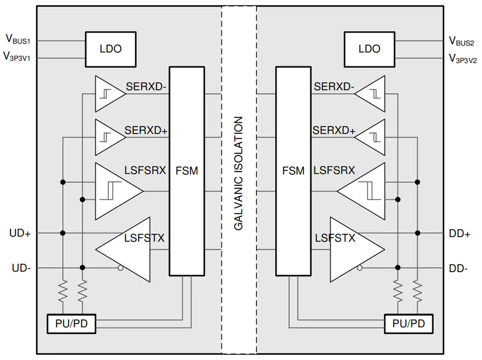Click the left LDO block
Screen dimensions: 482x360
pos(111,49)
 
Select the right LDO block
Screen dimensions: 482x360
pos(369,49)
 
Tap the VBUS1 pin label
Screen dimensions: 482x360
pos(18,39)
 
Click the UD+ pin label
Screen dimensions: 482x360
pos(20,233)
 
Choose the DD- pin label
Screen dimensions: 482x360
pos(458,268)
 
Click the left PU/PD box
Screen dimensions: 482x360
pos(71,324)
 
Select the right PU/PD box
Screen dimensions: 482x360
pos(409,324)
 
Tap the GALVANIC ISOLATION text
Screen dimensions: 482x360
pos(238,173)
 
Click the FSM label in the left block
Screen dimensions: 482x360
pos(187,171)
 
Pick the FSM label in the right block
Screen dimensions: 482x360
pos(293,171)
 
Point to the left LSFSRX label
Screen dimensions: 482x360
pos(145,170)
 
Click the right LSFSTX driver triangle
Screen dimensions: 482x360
pos(357,250)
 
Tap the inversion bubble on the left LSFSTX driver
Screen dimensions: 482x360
pos(120,268)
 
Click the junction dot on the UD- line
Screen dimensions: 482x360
pos(82,268)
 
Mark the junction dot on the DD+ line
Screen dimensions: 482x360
pos(418,233)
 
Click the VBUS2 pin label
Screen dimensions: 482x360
pos(461,41)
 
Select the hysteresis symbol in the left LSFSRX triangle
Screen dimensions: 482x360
pos(110,191)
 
